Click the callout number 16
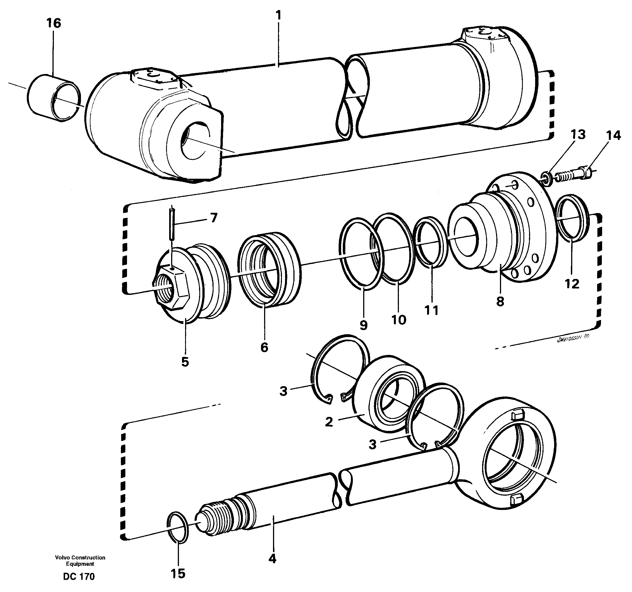(x=53, y=23)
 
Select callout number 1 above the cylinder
(x=279, y=15)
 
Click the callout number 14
(x=613, y=136)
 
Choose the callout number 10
(x=399, y=319)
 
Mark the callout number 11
(x=431, y=310)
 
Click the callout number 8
(x=500, y=301)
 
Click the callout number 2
(x=329, y=422)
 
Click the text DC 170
(x=79, y=576)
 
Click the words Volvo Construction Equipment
(x=80, y=560)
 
